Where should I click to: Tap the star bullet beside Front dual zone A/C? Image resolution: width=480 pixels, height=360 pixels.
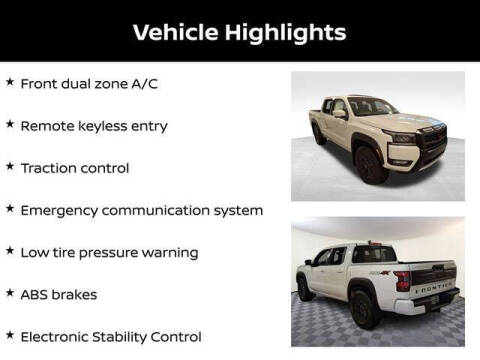(x=10, y=83)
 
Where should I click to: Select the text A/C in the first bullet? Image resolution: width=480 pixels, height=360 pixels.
(x=142, y=84)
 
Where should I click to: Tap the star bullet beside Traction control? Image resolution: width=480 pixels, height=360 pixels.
(x=10, y=167)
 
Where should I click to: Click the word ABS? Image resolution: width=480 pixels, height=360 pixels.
(x=36, y=295)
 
